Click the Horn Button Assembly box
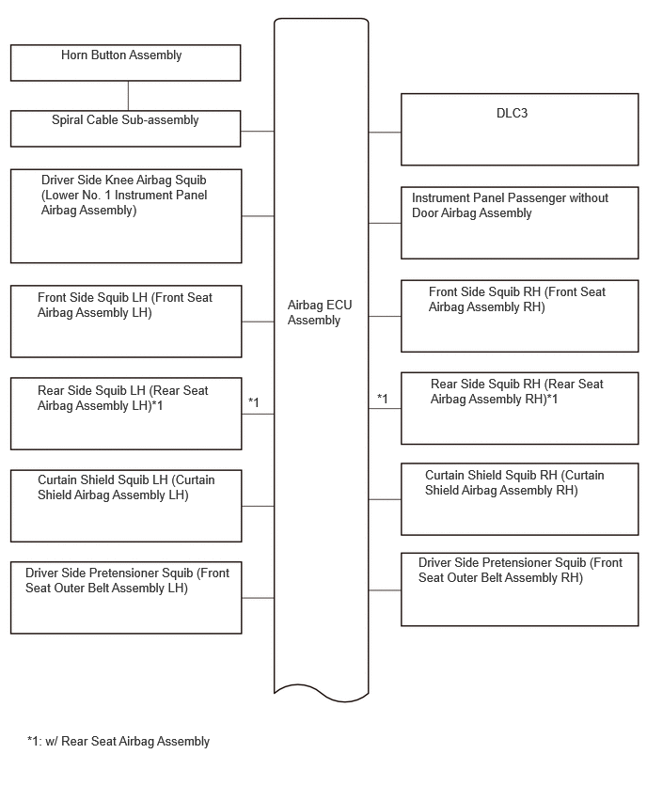pyautogui.click(x=125, y=63)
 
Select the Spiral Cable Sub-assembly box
pyautogui.click(x=125, y=129)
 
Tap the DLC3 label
pyautogui.click(x=512, y=113)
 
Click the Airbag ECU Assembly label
pyautogui.click(x=320, y=312)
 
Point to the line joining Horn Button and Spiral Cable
pyautogui.click(x=128, y=96)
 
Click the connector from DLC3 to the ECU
pyautogui.click(x=385, y=133)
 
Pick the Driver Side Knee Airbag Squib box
pyautogui.click(x=126, y=216)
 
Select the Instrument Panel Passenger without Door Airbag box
pyautogui.click(x=520, y=223)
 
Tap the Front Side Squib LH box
pyautogui.click(x=126, y=322)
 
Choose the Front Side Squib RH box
pyautogui.click(x=520, y=316)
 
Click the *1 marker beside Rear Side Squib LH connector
pyautogui.click(x=254, y=402)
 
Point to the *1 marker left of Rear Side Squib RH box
pyautogui.click(x=382, y=399)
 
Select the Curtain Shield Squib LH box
pyautogui.click(x=126, y=506)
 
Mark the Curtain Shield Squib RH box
pyautogui.click(x=520, y=499)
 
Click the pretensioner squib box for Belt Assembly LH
pyautogui.click(x=126, y=598)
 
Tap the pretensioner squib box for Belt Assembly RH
pyautogui.click(x=520, y=589)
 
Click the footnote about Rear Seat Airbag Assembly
pyautogui.click(x=118, y=741)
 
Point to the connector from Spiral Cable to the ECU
pyautogui.click(x=258, y=132)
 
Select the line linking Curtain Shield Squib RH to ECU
pyautogui.click(x=385, y=499)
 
